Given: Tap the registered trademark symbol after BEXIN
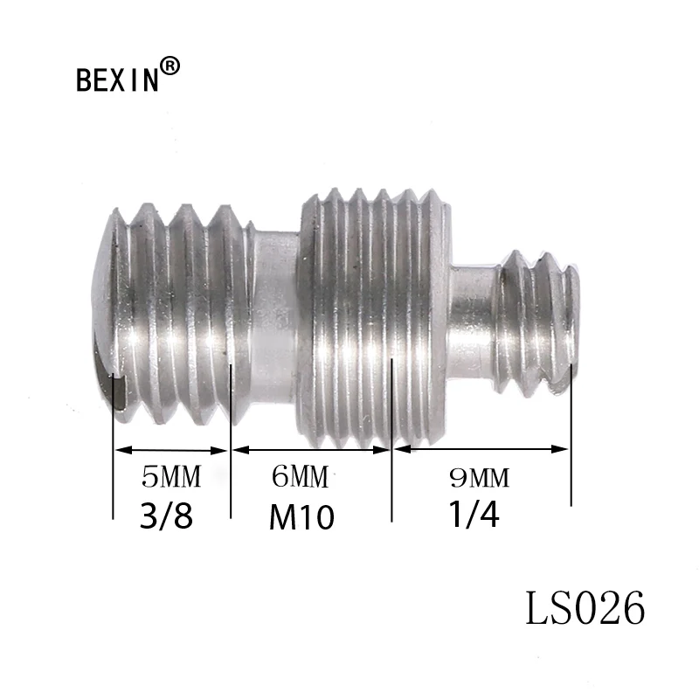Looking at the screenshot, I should (172, 66).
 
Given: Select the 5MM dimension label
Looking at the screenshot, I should (171, 477).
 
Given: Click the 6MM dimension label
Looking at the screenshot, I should (300, 477).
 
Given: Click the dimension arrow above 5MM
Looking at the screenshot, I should (171, 450).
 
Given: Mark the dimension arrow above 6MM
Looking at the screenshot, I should (310, 450).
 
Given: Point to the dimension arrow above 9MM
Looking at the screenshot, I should (481, 450).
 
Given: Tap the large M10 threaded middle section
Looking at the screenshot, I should (376, 306).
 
